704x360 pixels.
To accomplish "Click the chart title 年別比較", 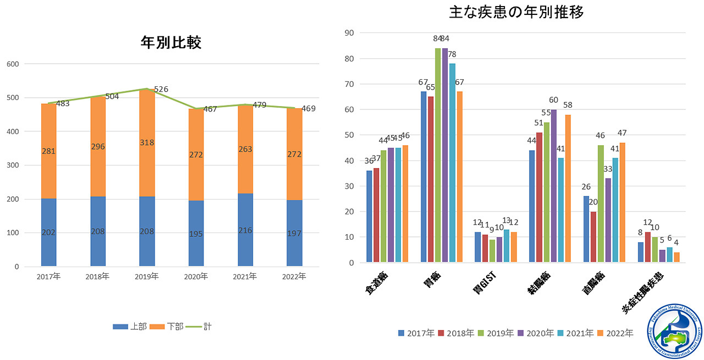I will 171,42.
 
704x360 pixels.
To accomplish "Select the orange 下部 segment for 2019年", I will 147,143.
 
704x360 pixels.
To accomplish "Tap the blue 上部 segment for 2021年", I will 245,230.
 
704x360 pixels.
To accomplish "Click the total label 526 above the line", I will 161,89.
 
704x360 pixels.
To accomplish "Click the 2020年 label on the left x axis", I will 196,276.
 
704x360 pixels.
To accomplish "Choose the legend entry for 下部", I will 168,326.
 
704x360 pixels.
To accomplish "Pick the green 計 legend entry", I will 199,326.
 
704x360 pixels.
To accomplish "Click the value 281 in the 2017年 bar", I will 48,151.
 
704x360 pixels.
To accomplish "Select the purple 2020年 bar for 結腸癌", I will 554,186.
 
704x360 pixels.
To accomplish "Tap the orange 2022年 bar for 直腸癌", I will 622,202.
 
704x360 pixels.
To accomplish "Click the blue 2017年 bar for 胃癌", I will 424,176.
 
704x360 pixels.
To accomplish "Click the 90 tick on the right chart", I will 349,33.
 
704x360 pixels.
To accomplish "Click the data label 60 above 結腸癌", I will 553,100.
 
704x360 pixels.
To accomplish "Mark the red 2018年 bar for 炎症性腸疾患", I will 648,247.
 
